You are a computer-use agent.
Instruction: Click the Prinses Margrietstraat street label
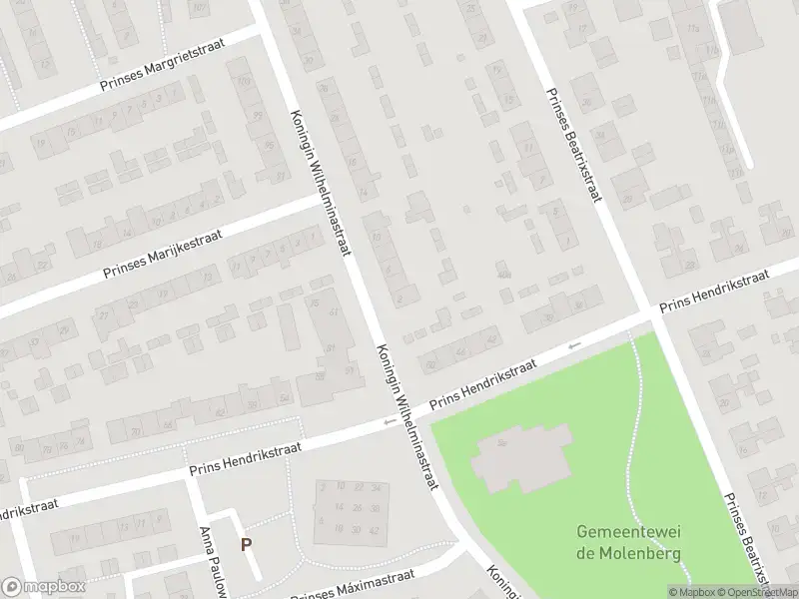point(165,67)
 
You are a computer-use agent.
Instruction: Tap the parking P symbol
point(245,545)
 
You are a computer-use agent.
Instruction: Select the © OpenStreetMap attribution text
point(756,591)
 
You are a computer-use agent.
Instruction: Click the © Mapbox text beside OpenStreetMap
point(691,591)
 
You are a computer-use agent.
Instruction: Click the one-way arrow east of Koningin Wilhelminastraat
point(573,345)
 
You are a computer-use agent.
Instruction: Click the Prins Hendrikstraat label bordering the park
point(482,384)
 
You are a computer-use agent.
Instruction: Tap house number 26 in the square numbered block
point(358,508)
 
